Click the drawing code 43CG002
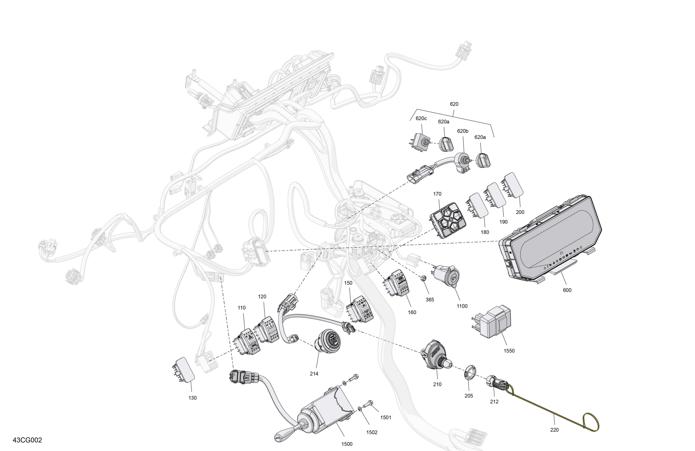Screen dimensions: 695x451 point(27,440)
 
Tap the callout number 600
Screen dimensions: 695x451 point(567,290)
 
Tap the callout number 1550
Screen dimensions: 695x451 point(509,351)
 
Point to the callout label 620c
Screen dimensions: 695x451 point(421,118)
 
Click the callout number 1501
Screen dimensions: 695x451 point(385,417)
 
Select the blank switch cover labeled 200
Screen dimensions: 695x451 point(512,184)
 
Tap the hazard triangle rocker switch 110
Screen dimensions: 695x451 point(246,342)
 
